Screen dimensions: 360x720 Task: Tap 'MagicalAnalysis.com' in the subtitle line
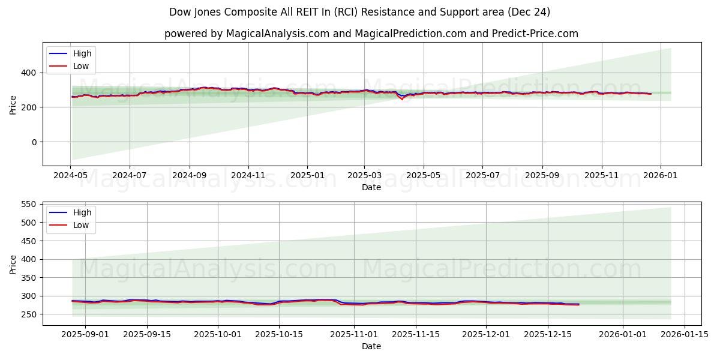tap(277, 34)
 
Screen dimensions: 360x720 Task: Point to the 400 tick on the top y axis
tap(31, 73)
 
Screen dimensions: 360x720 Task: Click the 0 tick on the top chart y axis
tap(34, 142)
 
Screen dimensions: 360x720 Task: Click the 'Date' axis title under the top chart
tap(371, 187)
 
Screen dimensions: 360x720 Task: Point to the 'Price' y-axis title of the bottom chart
tap(13, 263)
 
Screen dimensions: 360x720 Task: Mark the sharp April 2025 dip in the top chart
tap(402, 99)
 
